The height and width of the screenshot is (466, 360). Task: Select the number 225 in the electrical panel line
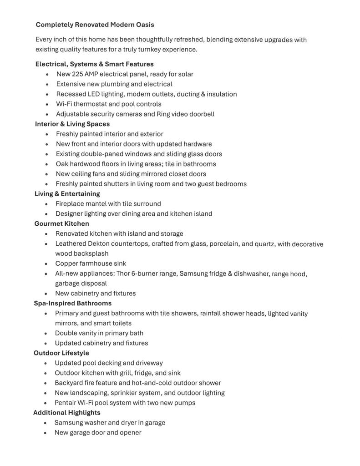pyautogui.click(x=77, y=74)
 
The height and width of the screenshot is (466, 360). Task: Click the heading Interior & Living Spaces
pyautogui.click(x=72, y=124)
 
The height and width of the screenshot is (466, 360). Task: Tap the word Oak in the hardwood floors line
pyautogui.click(x=62, y=164)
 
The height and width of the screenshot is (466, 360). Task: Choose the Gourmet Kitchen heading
pyautogui.click(x=62, y=223)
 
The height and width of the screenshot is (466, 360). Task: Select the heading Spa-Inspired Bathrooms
pyautogui.click(x=72, y=303)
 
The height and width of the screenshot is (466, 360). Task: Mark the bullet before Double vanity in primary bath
pyautogui.click(x=46, y=334)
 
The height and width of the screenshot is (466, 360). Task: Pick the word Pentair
pyautogui.click(x=65, y=403)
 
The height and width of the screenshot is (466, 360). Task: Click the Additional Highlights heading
pyautogui.click(x=67, y=413)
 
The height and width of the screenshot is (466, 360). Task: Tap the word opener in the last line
pyautogui.click(x=131, y=433)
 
